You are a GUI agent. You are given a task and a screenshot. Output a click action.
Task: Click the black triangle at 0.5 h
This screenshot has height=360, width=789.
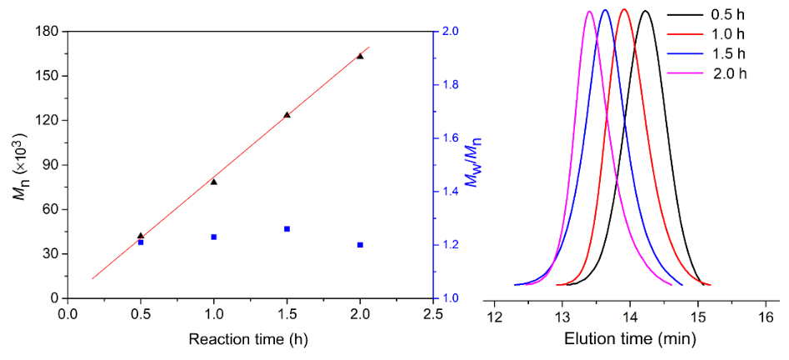pyautogui.click(x=140, y=236)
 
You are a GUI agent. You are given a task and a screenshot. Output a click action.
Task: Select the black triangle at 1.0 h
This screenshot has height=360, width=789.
pyautogui.click(x=213, y=181)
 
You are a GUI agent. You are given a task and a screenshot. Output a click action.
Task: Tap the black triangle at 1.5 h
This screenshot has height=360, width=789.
pyautogui.click(x=287, y=114)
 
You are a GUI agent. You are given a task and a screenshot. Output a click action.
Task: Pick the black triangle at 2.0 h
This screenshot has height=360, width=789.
pyautogui.click(x=360, y=56)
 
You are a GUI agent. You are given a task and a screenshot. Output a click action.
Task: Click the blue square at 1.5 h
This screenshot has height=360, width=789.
pyautogui.click(x=287, y=228)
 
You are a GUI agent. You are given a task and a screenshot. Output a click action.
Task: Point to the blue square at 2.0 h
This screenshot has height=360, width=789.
pyautogui.click(x=360, y=245)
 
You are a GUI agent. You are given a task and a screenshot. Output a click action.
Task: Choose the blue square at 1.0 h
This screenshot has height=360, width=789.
pyautogui.click(x=213, y=237)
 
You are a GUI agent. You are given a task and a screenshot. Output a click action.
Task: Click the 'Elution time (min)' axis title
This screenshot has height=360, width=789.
pyautogui.click(x=630, y=339)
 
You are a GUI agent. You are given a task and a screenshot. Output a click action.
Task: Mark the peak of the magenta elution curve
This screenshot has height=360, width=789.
pyautogui.click(x=589, y=12)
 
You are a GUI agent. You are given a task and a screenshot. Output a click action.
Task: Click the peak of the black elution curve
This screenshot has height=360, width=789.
pyautogui.click(x=645, y=12)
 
